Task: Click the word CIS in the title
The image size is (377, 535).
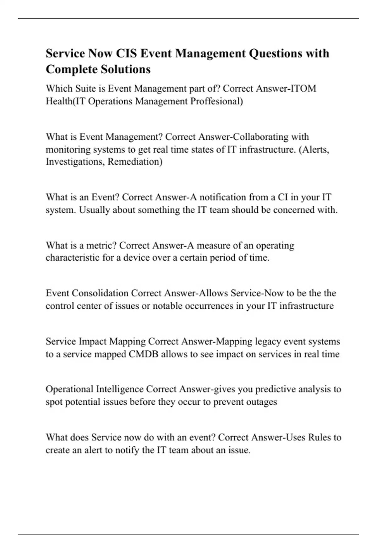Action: tap(126, 53)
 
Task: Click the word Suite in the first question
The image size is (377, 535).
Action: tap(85, 88)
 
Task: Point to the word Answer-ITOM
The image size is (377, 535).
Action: tap(286, 88)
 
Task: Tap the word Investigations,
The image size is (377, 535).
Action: tap(75, 162)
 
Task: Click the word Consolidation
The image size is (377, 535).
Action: tap(100, 293)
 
